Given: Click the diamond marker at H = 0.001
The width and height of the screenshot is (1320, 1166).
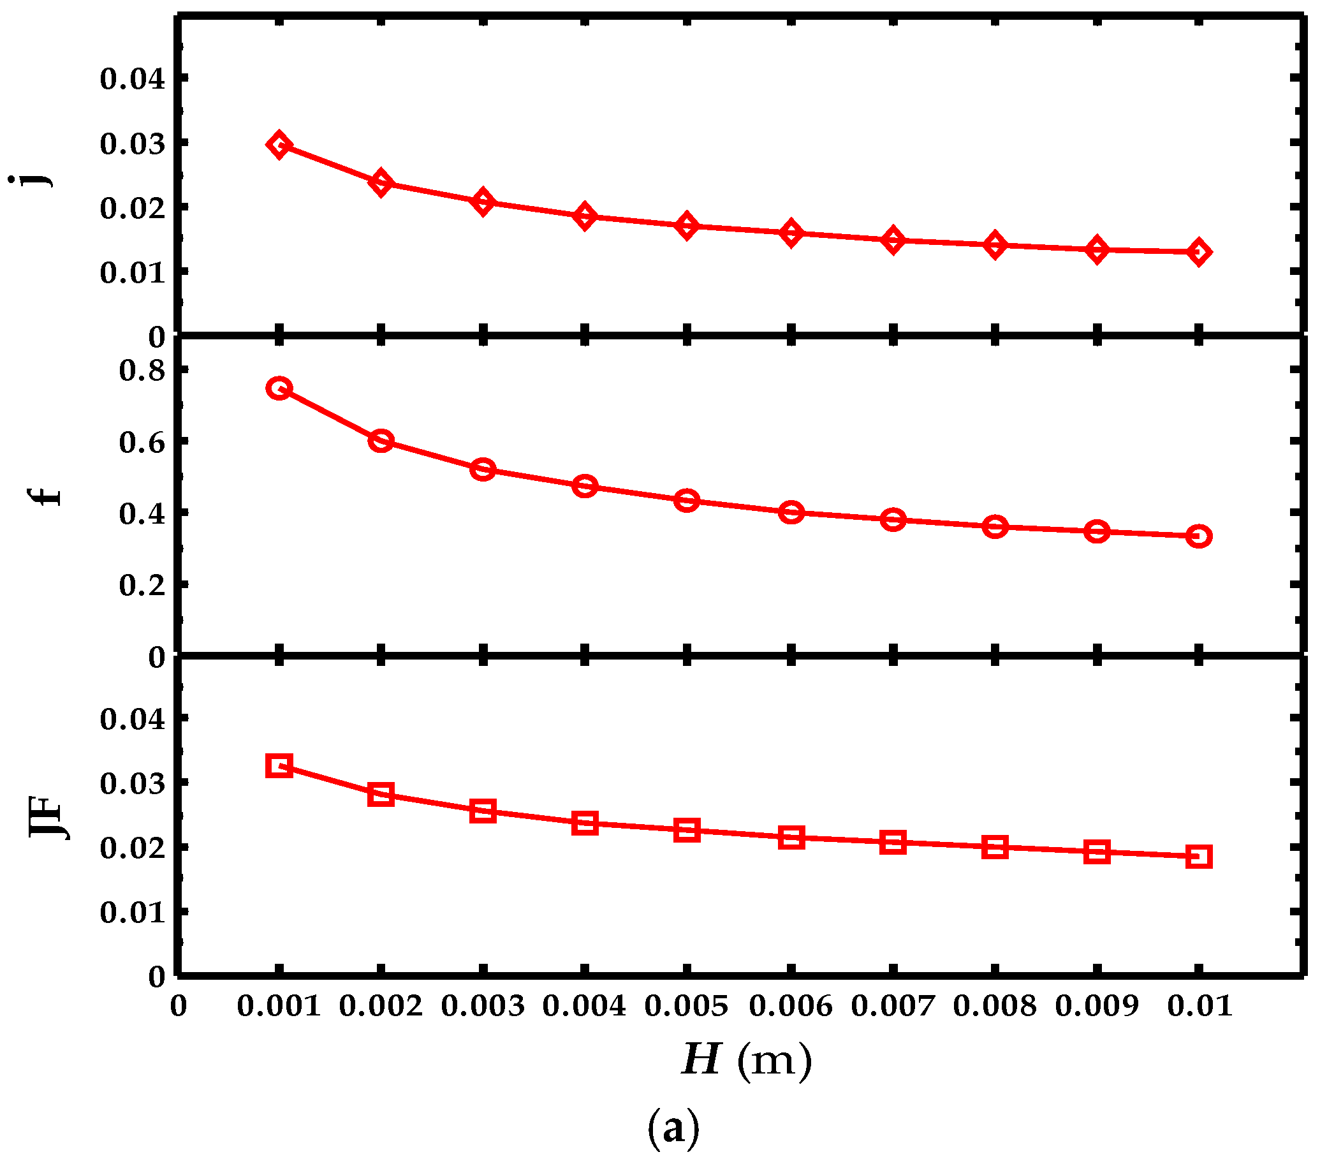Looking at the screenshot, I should coord(279,144).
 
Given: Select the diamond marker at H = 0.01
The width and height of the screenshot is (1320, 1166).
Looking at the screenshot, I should coord(1199,251).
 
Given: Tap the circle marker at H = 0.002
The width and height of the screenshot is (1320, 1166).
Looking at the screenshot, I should coord(381,441).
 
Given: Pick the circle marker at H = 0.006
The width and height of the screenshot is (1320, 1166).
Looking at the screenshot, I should coord(791,512).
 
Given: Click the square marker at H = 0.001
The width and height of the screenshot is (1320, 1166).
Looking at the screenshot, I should coord(279,765).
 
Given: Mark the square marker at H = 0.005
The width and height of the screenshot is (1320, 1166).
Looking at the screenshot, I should coord(687,829).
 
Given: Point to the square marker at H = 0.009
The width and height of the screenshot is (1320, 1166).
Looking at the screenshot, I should coord(1097,852).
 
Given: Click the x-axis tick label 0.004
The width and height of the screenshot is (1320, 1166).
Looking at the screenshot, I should coord(585,1006).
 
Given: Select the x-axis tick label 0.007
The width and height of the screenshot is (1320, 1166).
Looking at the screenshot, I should coord(893,1006).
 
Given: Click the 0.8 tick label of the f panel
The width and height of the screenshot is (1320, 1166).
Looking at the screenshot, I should coord(142,370).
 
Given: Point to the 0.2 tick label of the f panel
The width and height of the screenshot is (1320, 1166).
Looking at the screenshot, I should coord(142,585).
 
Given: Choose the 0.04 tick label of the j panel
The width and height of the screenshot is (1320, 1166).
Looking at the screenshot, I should coord(133,78).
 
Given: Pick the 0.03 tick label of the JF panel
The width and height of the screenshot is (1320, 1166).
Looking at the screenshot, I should coord(133,783).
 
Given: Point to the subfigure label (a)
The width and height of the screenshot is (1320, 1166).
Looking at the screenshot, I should coord(673,1127).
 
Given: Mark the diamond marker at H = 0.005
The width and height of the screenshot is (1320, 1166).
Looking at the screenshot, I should coord(687,225).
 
